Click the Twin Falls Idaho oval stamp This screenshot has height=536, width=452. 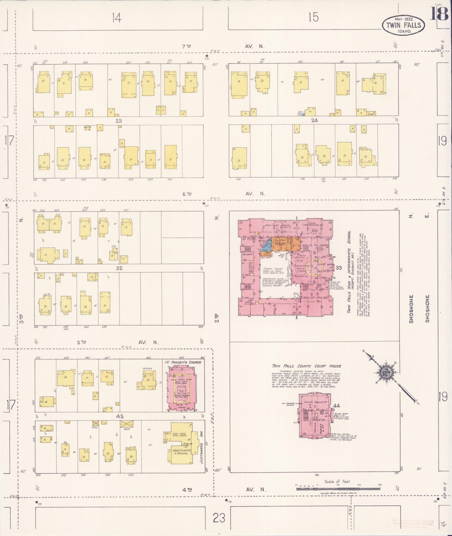click(403, 25)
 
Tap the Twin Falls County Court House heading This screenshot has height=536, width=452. click(306, 366)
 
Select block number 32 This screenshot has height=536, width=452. click(119, 268)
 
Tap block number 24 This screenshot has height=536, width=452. click(314, 121)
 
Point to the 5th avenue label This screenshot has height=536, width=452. click(81, 342)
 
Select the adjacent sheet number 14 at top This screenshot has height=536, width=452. click(116, 18)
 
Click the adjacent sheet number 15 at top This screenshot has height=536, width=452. click(314, 18)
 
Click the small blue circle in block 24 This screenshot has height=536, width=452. click(303, 114)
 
